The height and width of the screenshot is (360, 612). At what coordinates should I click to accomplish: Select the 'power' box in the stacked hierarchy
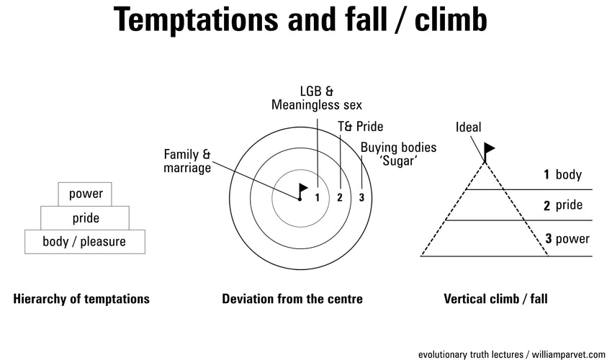point(86,194)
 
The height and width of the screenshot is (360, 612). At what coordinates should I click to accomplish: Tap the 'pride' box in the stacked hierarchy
point(86,217)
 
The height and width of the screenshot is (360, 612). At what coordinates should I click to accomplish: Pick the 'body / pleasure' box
point(84,241)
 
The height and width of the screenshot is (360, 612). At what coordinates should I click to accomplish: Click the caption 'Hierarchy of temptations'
point(81,299)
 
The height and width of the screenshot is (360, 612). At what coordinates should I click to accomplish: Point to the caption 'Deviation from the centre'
point(292,299)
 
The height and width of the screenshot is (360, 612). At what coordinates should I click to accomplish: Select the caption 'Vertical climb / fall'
point(496,299)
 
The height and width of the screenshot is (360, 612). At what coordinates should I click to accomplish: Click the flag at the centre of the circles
point(303,189)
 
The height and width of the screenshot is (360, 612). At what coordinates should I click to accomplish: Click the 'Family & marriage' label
point(187,161)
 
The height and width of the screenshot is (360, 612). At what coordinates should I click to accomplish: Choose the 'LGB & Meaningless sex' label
point(317,98)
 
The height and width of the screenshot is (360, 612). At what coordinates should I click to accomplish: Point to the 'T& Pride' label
point(360,127)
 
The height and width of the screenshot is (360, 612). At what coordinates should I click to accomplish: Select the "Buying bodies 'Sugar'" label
point(398,154)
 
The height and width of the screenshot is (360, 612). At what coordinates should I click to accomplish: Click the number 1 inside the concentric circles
point(318,197)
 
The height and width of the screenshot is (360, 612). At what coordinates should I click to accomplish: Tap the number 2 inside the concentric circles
point(340,197)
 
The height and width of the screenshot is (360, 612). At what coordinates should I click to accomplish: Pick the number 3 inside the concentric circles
point(361,197)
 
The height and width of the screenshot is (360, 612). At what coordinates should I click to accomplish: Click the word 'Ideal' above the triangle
point(469,127)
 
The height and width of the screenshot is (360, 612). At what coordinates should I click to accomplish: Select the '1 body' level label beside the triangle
point(562,174)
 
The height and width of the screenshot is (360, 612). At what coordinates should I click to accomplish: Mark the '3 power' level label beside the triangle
point(567,239)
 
